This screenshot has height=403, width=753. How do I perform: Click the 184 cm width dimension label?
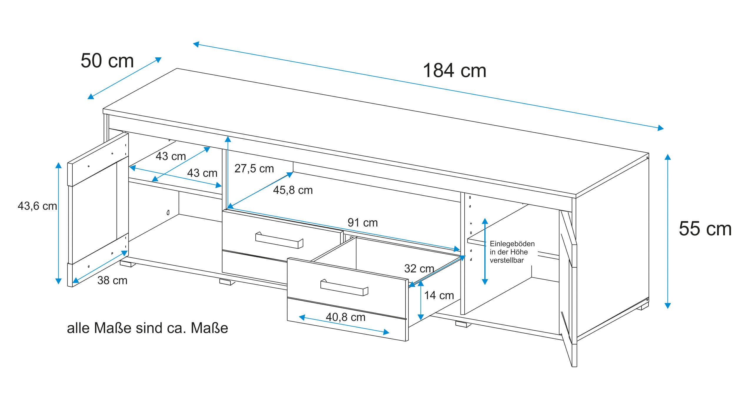454,71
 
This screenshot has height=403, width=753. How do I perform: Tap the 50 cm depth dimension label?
107,61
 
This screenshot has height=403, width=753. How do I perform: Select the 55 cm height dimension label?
705,229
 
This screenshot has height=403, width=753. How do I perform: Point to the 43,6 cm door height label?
37,206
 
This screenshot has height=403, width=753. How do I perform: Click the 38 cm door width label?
112,280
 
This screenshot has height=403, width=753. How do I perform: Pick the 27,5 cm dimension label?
254,169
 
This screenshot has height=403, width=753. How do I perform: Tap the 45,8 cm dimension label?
292,190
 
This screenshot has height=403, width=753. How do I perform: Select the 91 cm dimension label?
363,223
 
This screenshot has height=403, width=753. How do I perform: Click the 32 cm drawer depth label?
419,268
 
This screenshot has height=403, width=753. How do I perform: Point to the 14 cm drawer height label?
439,295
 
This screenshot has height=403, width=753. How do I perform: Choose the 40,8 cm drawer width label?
345,317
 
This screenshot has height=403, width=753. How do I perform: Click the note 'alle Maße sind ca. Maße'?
147,328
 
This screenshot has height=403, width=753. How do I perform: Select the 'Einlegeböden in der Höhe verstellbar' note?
512,252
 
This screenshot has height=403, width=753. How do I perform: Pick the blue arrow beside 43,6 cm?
59,224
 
